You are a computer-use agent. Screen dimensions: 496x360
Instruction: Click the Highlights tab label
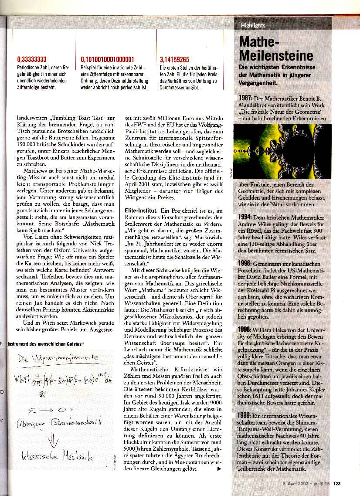[x=253, y=25]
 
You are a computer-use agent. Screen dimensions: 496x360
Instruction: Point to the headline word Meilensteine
[x=275, y=56]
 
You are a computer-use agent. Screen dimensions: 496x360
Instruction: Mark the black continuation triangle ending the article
[x=219, y=469]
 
